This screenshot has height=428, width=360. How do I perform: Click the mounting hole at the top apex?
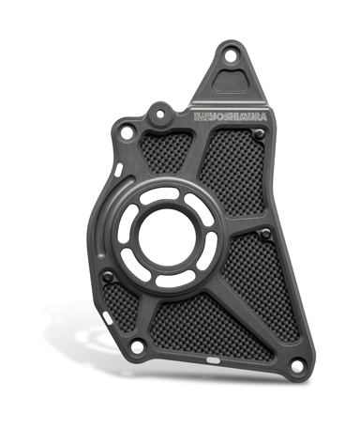[x=231, y=57]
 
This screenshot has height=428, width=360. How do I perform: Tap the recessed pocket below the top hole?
[x=231, y=80]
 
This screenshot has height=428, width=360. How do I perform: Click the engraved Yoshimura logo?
[x=231, y=116]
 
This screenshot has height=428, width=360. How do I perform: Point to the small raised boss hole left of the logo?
[x=159, y=114]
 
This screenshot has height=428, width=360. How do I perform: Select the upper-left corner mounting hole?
[x=126, y=133]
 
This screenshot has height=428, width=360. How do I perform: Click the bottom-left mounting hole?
[x=135, y=346]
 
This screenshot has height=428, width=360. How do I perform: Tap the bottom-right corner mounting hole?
[x=296, y=366]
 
